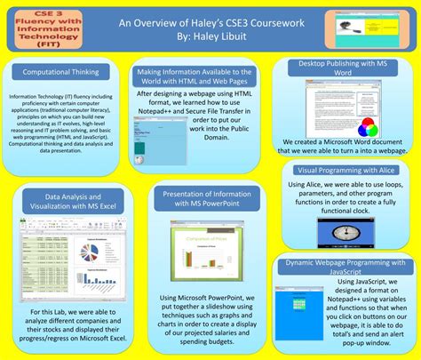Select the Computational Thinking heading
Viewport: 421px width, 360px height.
pyautogui.click(x=60, y=71)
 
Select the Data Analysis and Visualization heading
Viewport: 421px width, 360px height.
pyautogui.click(x=61, y=201)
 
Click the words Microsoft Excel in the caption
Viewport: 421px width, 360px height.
pyautogui.click(x=92, y=339)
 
